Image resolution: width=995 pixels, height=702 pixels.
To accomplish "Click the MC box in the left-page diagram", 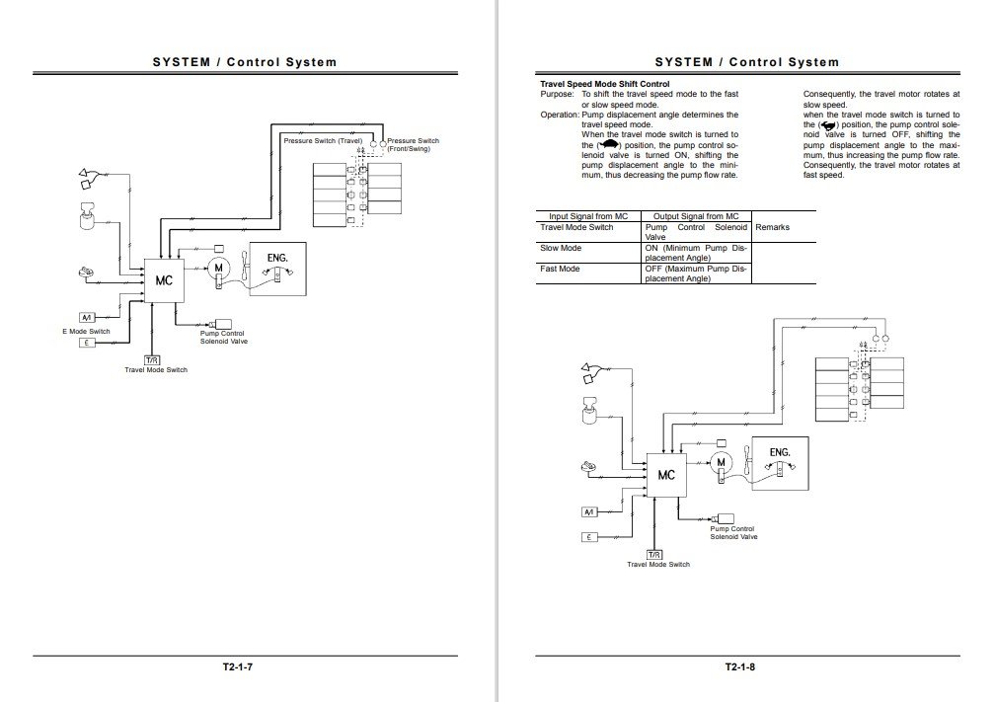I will tap(163, 280).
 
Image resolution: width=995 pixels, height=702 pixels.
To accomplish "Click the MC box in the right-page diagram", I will tap(666, 474).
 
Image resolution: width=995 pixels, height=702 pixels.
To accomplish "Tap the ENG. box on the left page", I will tap(276, 269).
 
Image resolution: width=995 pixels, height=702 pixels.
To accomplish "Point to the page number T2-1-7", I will tap(241, 666).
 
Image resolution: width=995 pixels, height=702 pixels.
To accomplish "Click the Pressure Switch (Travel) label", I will tap(323, 141).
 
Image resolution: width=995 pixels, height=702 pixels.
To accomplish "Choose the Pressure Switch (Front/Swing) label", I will tap(413, 145).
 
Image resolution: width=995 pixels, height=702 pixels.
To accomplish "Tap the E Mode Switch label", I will tap(86, 332).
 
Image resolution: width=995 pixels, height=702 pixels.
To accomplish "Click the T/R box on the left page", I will tap(152, 359).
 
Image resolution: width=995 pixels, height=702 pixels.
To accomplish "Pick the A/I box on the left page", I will tap(87, 317).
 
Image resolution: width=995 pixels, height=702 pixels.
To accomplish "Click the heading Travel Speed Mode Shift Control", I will tap(605, 85).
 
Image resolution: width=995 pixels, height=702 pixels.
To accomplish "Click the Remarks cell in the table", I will tap(773, 227).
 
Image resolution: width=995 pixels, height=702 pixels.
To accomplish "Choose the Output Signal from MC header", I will tap(696, 215).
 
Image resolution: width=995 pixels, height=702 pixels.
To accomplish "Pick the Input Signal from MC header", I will tap(588, 215).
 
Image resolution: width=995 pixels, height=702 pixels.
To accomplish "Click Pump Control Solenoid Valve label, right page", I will tap(733, 533).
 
